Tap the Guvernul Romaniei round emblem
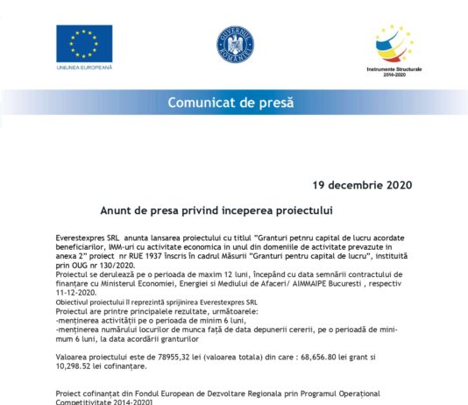pyautogui.click(x=234, y=44)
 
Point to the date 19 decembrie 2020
pyautogui.click(x=362, y=185)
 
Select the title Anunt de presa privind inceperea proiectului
pyautogui.click(x=229, y=211)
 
